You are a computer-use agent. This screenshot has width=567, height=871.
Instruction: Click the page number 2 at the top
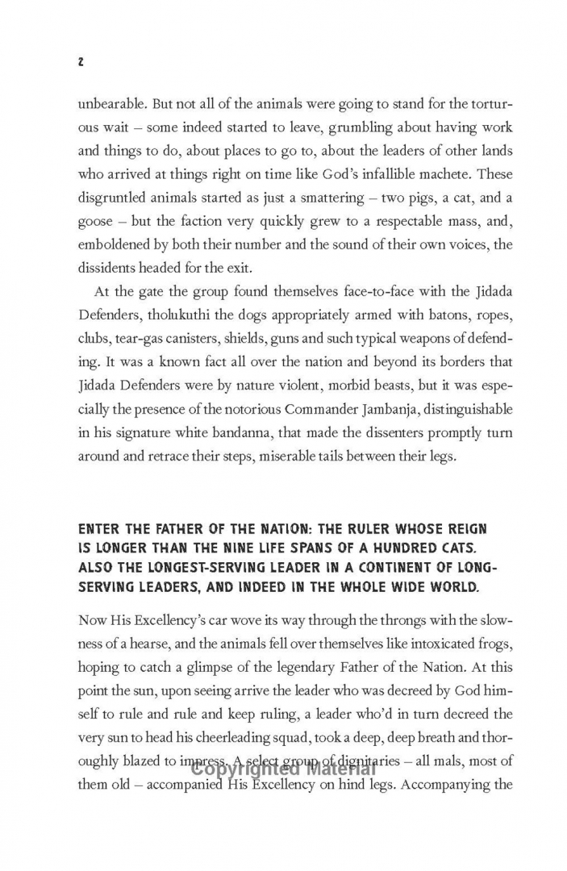coord(81,62)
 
